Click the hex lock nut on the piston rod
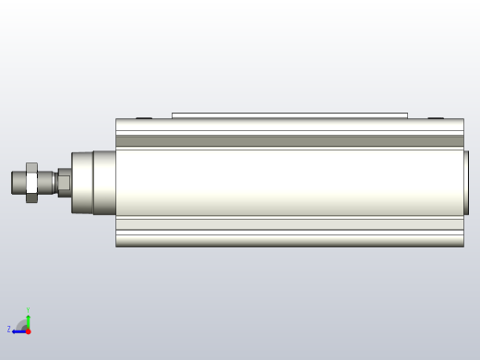coord(31,182)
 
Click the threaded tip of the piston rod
coord(18,182)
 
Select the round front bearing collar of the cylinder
coord(83,182)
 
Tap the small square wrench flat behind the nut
coord(64,182)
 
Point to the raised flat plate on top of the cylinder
coord(289,115)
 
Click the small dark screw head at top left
coord(144,117)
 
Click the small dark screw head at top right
coord(436,117)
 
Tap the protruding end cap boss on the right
coord(466,182)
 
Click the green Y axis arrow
coord(28,319)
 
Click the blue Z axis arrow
coord(18,330)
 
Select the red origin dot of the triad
coord(28,330)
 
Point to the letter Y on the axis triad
coord(28,310)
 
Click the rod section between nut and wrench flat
coord(48,182)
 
